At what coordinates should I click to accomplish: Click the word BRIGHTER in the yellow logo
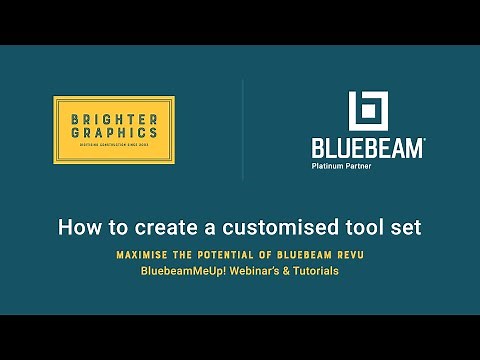[x=114, y=119]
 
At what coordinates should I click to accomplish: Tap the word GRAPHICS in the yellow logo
[x=114, y=132]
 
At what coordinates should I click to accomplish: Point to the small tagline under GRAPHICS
[x=114, y=146]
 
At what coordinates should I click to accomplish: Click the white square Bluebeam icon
[x=367, y=112]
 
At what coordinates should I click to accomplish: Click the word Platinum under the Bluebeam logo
[x=329, y=166]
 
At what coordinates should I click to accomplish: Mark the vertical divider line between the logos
[x=243, y=130]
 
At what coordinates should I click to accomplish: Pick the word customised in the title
[x=276, y=227]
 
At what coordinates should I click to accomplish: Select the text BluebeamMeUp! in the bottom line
[x=177, y=271]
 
